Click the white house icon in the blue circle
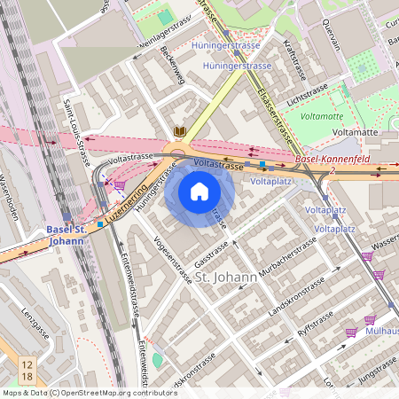point(199,192)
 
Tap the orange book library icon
point(180,131)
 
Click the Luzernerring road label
point(125,206)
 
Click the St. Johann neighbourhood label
point(226,278)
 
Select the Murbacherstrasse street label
point(288,256)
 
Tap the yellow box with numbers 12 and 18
point(27,371)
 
